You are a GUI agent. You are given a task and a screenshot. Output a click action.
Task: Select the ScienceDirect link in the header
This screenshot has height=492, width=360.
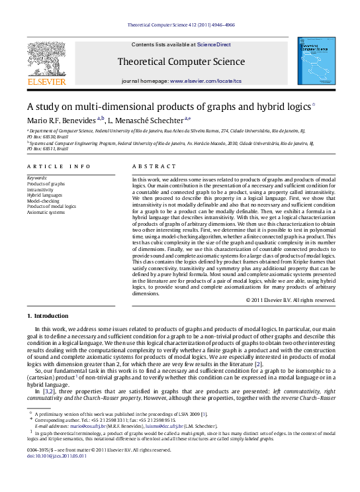pos(213,44)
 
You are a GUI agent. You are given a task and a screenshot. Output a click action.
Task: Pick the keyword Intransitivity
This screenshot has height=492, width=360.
pos(41,189)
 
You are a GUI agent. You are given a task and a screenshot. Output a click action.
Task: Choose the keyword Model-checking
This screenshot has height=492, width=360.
pos(42,201)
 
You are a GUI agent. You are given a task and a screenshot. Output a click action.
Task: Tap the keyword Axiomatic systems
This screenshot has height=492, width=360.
pos(45,212)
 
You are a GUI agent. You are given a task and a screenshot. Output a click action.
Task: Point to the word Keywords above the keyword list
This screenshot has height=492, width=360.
pos(37,178)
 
